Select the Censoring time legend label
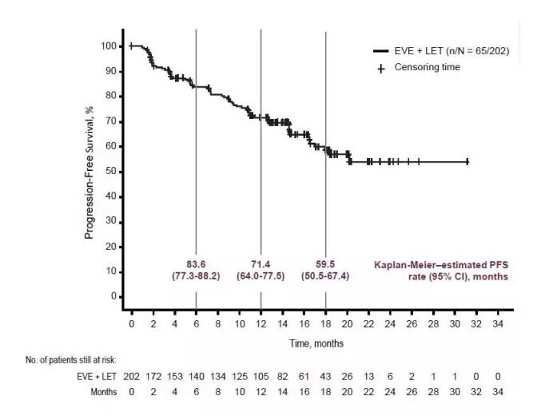428,68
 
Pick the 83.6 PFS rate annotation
197,263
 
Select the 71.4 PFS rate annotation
261,263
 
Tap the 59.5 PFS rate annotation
325,263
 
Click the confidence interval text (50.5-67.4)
325,276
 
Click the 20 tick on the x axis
347,323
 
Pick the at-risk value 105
261,377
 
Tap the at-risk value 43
325,377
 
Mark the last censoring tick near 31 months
467,161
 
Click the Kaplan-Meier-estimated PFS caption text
441,270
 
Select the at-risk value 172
153,377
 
